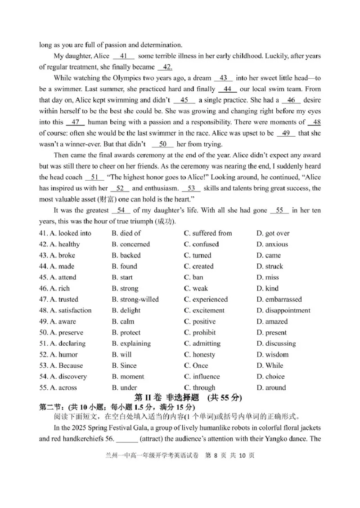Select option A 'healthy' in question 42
(63, 244)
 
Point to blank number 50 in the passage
(163, 144)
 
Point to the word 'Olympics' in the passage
(121, 78)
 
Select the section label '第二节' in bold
(49, 407)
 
